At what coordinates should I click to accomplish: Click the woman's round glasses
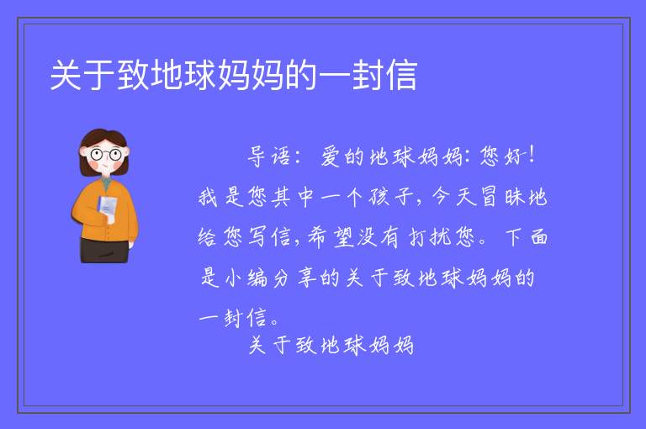click(x=106, y=155)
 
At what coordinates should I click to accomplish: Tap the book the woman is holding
click(x=107, y=207)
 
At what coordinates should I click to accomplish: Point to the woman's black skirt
click(x=104, y=250)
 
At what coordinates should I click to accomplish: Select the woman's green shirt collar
click(x=107, y=183)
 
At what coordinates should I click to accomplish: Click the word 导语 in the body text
click(x=268, y=156)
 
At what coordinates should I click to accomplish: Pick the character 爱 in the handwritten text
click(x=331, y=156)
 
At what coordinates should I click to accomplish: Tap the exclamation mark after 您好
click(x=532, y=155)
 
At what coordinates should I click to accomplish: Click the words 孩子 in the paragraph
click(x=390, y=197)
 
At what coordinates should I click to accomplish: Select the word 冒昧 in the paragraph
click(x=501, y=197)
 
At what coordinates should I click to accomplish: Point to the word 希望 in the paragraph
click(x=331, y=237)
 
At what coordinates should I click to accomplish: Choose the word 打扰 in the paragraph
click(x=428, y=237)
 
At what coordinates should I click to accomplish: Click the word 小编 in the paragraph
click(x=246, y=278)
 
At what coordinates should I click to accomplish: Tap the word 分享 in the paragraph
click(x=294, y=278)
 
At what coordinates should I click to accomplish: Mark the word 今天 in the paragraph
click(x=453, y=197)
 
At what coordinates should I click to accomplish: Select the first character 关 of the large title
click(x=66, y=76)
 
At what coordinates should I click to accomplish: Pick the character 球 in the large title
click(x=200, y=76)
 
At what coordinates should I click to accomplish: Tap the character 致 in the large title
click(x=133, y=76)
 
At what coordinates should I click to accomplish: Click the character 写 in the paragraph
click(x=257, y=237)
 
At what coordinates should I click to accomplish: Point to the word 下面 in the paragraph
click(x=527, y=237)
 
